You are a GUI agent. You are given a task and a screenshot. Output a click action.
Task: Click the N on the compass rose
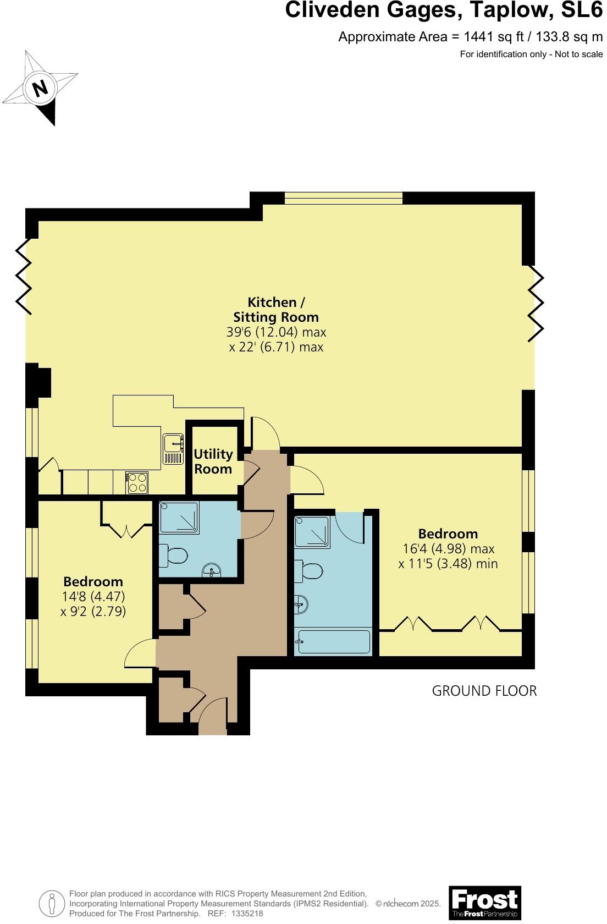[x=40, y=89]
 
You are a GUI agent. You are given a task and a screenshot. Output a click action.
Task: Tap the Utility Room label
[x=213, y=461]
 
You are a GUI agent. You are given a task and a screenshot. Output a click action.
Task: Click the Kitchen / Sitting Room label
[x=276, y=310]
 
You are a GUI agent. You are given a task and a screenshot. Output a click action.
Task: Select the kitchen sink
[x=173, y=449]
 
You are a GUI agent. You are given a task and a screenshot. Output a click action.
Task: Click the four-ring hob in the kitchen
[x=137, y=483]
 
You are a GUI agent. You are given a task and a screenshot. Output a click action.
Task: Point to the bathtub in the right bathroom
[x=333, y=642]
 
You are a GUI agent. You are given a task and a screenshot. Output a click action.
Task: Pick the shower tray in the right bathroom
[x=312, y=532]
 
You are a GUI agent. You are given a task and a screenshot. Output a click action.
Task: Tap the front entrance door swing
[x=212, y=715]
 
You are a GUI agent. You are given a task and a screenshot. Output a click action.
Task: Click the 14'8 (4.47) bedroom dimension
[x=93, y=597]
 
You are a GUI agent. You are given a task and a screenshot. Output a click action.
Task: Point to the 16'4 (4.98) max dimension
[x=448, y=549]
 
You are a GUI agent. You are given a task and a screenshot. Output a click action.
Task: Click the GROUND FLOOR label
[x=484, y=691]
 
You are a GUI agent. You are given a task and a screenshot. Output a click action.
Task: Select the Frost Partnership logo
[x=484, y=902]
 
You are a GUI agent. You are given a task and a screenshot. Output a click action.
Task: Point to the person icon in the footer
[x=51, y=903]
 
